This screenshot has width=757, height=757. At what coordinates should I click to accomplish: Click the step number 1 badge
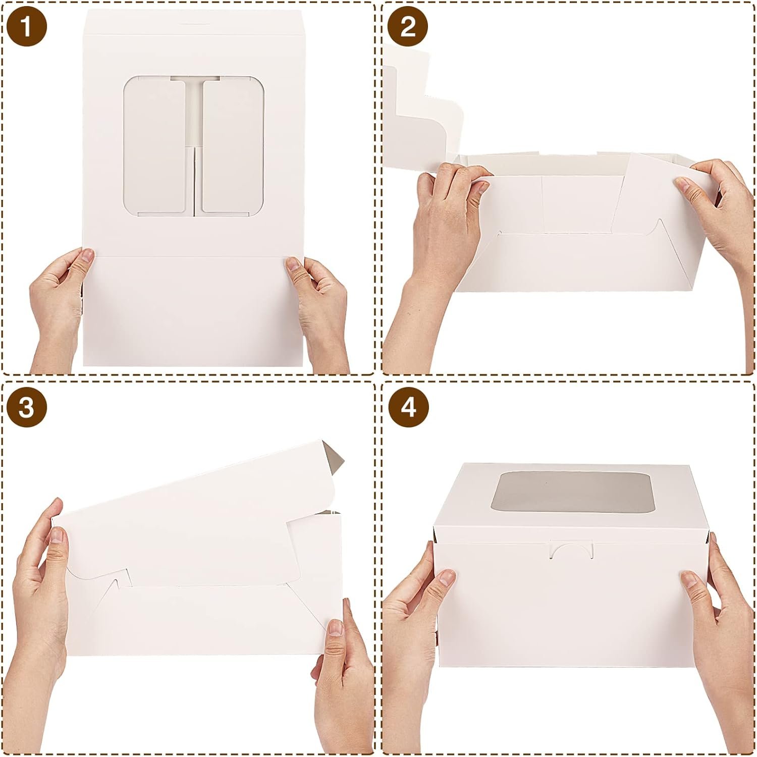[x=27, y=26]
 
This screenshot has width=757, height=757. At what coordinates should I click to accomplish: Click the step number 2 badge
[x=408, y=26]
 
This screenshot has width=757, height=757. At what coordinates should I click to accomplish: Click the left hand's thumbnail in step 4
[x=447, y=577]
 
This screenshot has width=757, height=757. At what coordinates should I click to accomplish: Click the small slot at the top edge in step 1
[x=193, y=23]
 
